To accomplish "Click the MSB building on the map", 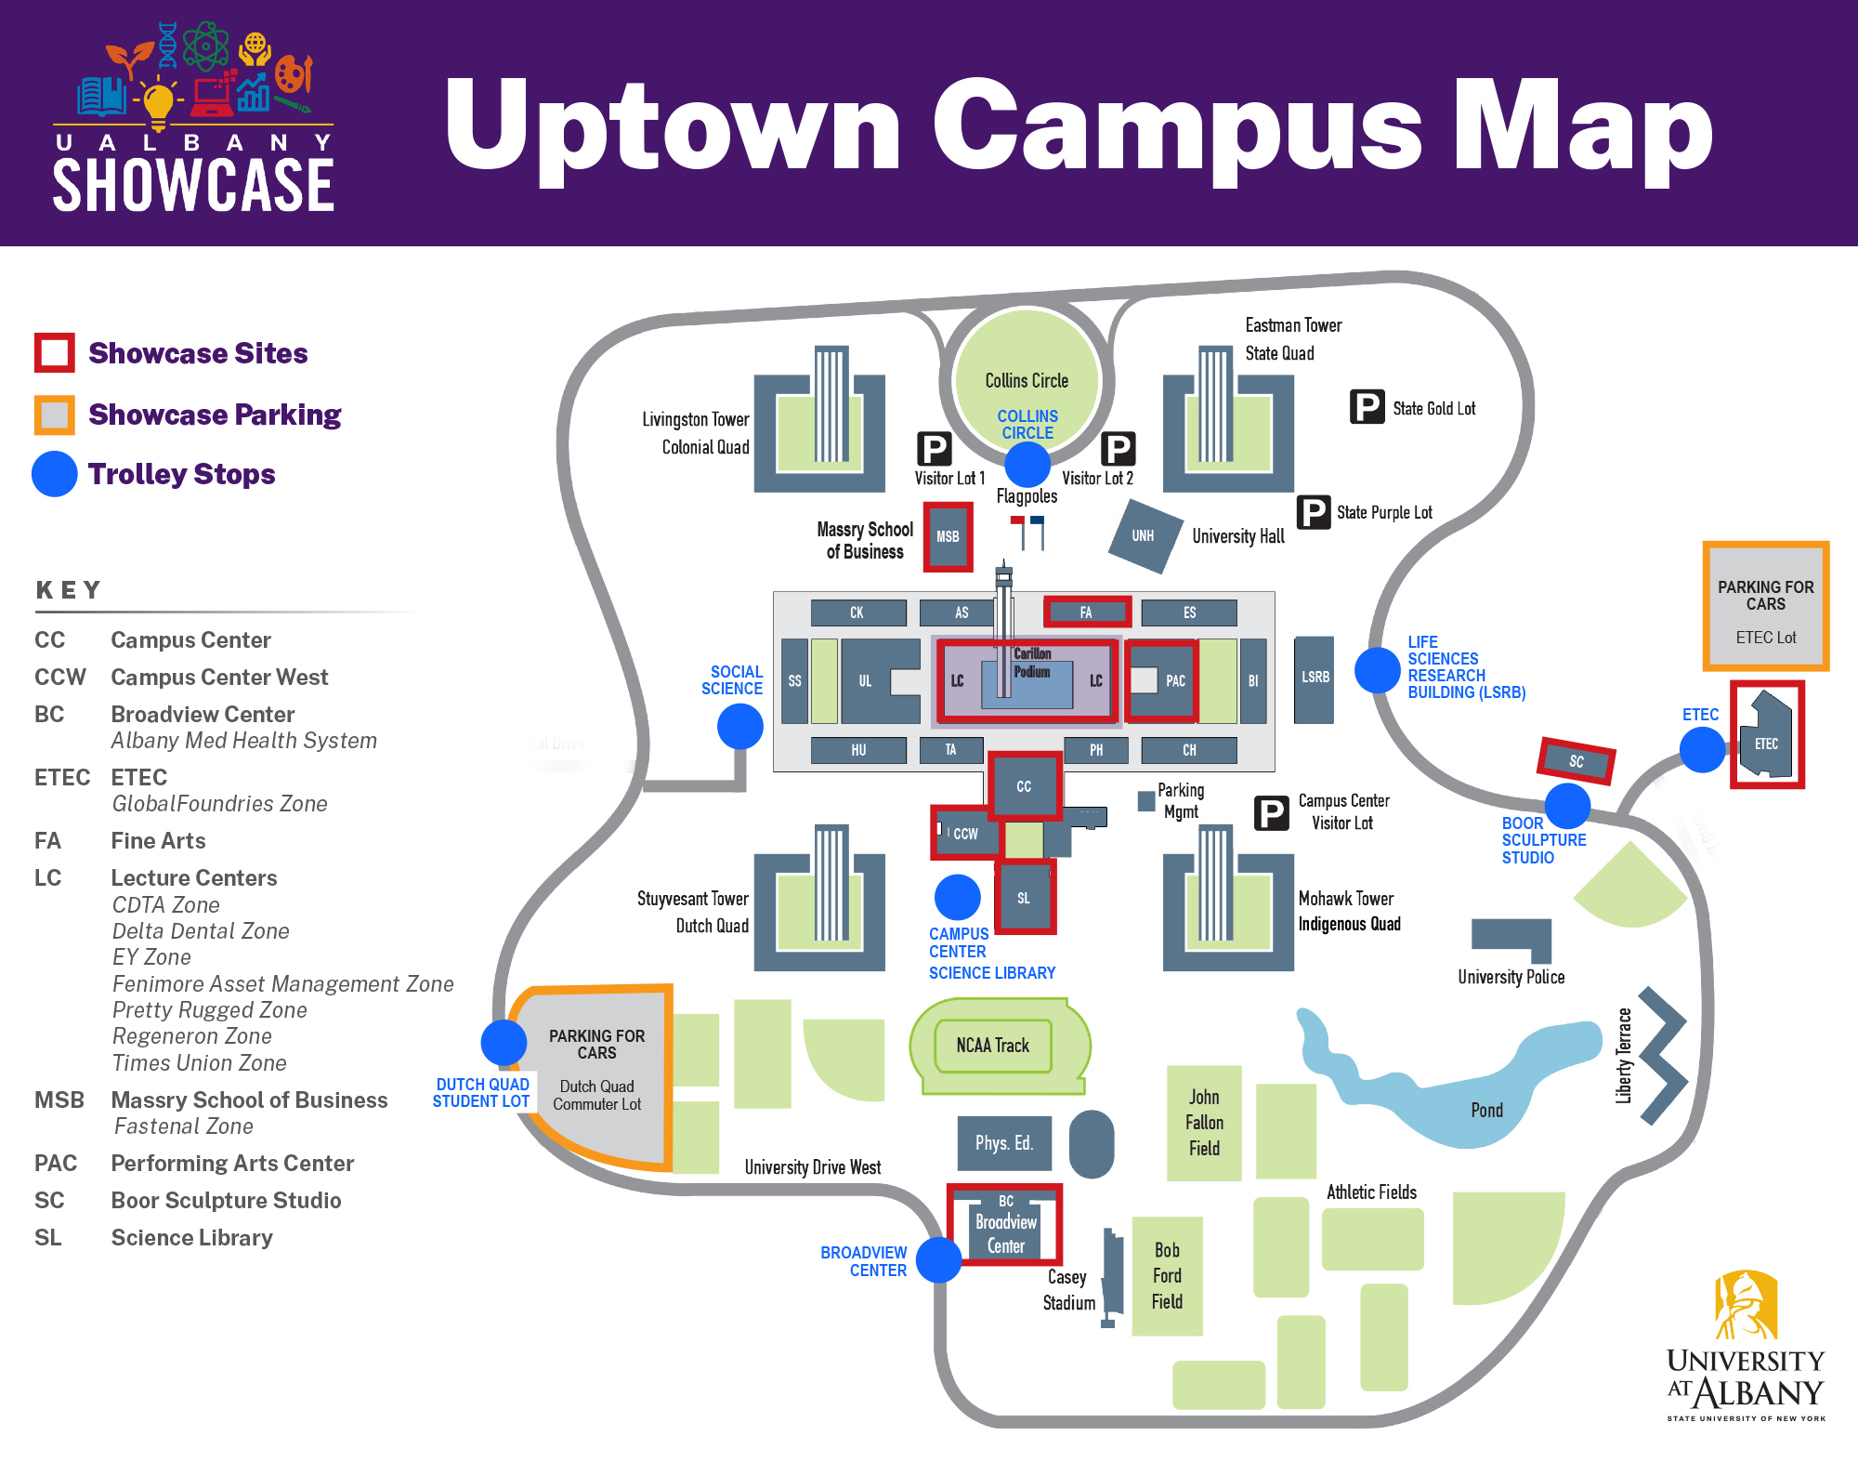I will point(948,536).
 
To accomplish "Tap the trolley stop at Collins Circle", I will point(1027,464).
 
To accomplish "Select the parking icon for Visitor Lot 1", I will point(934,449).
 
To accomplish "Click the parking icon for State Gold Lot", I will point(1367,406).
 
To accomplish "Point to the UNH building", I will point(1145,535).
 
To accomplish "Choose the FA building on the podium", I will point(1086,612).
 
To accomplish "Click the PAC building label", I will point(1174,680).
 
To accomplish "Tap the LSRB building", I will point(1314,678).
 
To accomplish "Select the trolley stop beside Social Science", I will point(739,726).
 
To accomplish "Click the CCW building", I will point(965,834).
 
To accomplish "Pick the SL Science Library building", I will point(1024,898).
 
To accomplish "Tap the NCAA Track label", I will point(993,1046).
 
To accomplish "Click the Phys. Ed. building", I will point(1004,1143).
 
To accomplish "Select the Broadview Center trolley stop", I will point(938,1259).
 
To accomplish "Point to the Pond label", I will point(1486,1111).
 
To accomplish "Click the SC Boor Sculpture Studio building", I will point(1577,761).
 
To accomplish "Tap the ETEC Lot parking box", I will point(1765,606).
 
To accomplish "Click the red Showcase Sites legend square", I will point(55,353).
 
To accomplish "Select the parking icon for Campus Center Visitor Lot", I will point(1271,812).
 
